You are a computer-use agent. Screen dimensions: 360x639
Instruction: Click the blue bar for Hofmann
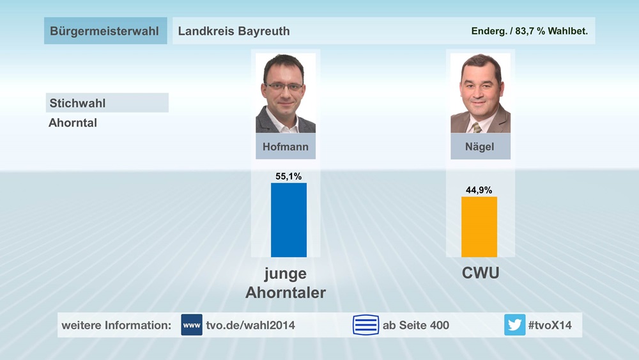(289, 220)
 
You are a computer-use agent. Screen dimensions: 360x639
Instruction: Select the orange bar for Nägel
(479, 227)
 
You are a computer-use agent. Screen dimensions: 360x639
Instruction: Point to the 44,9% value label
(479, 189)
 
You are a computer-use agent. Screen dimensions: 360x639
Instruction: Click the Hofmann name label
(286, 146)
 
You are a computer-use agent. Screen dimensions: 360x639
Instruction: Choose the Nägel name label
(480, 146)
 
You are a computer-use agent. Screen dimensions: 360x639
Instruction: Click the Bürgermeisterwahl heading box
(104, 31)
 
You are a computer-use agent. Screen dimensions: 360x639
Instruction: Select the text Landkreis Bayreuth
(234, 31)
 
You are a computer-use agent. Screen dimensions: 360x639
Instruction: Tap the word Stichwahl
(77, 103)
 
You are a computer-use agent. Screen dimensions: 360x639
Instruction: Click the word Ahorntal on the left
(73, 123)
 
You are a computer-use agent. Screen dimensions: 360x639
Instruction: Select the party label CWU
(481, 274)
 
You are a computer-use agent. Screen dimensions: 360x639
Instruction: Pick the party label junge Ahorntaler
(286, 283)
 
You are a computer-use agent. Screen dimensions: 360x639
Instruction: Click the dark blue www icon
(192, 325)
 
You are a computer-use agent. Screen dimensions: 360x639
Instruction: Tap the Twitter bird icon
(514, 325)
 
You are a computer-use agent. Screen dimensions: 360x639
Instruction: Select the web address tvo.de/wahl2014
(250, 325)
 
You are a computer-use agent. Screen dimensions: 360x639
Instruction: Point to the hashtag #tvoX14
(550, 325)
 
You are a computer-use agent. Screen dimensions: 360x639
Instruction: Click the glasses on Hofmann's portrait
(285, 86)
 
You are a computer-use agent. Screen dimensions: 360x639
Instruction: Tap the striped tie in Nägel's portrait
(477, 127)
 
